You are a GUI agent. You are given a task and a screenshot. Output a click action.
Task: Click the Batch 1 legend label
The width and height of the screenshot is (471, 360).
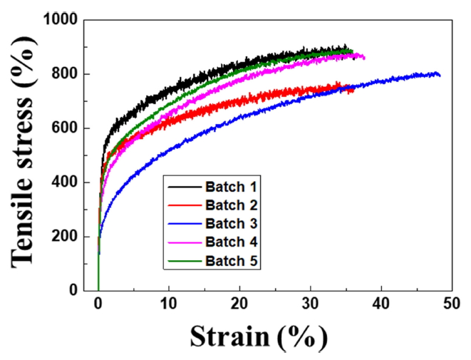(232, 187)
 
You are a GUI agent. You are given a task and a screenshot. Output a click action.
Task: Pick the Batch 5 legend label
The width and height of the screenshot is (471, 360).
(232, 263)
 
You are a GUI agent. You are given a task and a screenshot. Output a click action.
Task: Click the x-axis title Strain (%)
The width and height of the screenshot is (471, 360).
(259, 336)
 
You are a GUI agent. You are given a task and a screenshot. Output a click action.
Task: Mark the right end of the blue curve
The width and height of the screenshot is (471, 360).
(440, 75)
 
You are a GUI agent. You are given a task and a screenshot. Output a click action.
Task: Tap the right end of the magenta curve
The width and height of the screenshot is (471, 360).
(364, 57)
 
